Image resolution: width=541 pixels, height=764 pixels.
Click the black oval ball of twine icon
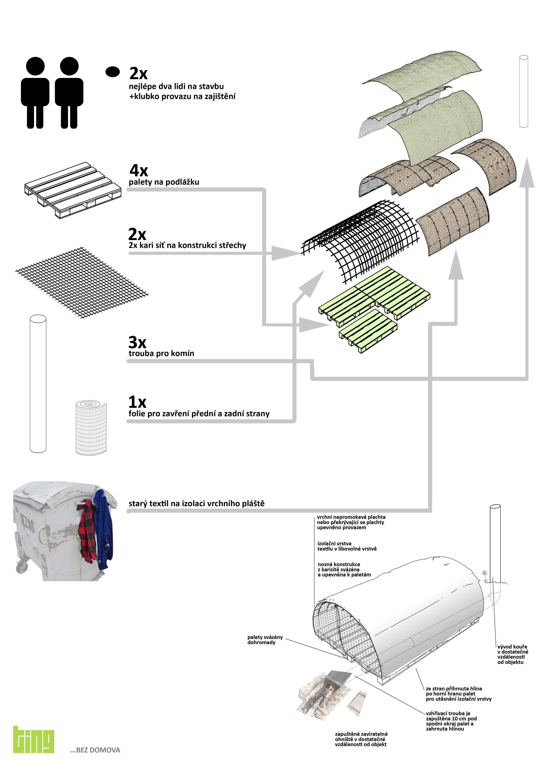coord(113,72)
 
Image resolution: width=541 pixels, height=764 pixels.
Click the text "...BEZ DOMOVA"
coord(95,750)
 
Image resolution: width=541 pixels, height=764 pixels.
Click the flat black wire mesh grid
coord(82,282)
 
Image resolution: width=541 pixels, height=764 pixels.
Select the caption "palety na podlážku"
coord(164,182)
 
